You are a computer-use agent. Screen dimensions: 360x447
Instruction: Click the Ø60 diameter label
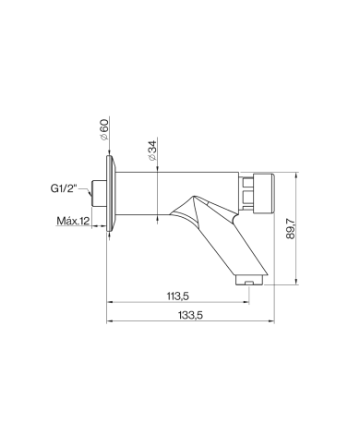(105, 129)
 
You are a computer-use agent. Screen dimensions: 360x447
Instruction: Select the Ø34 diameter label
(152, 150)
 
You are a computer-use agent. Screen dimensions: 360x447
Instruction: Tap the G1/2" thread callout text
(63, 188)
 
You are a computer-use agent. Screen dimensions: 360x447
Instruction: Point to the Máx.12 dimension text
(73, 221)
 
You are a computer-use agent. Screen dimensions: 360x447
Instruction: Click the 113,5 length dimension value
(177, 296)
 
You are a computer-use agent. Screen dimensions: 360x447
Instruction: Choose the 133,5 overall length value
(190, 315)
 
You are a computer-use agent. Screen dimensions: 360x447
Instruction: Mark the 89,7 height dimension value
(290, 228)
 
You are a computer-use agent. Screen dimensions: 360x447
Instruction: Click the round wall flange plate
(111, 193)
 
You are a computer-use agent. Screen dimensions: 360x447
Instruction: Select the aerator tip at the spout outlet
(249, 280)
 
